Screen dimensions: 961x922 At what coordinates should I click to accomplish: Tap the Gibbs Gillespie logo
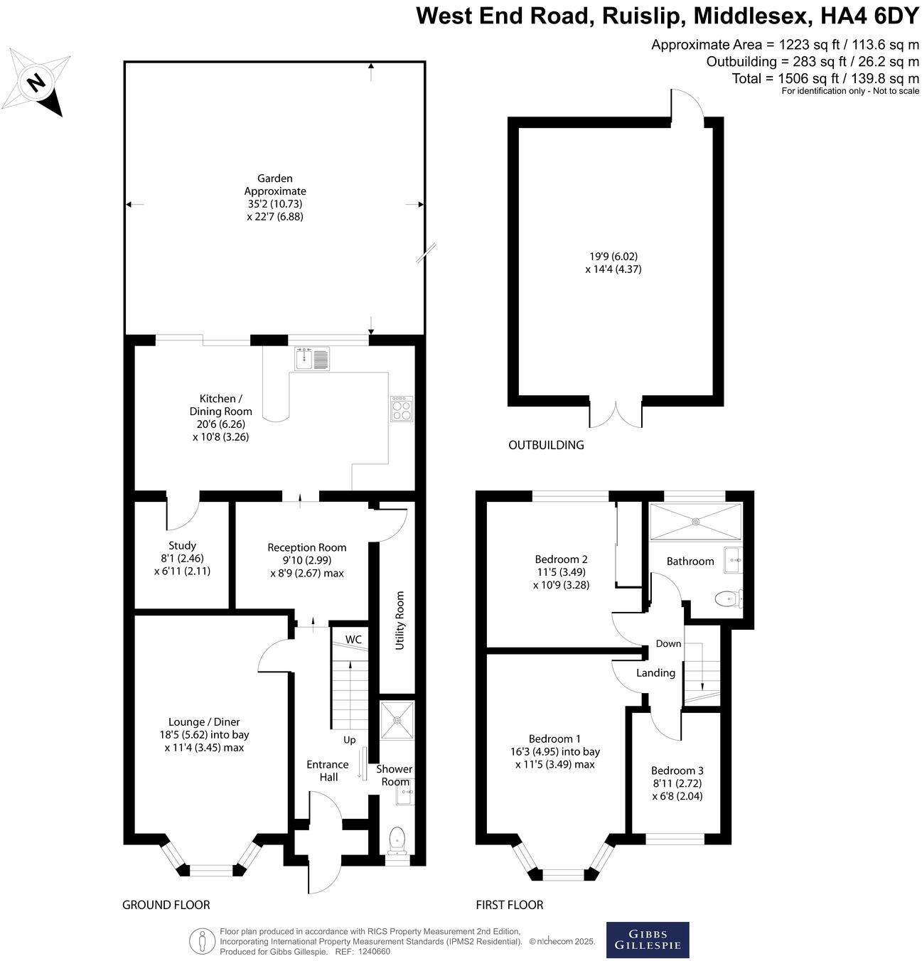(647, 940)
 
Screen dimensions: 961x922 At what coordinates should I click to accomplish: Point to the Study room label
(182, 546)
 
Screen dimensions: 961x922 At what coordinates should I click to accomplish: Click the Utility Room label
(400, 620)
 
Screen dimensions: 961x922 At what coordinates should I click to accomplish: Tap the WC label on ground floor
(353, 640)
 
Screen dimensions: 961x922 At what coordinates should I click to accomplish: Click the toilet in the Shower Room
(397, 839)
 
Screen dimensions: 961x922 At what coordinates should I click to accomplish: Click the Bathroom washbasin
(733, 560)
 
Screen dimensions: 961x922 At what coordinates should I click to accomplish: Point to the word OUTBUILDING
(546, 445)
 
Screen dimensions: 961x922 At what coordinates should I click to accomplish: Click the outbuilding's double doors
(616, 414)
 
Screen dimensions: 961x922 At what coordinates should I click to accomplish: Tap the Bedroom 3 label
(677, 771)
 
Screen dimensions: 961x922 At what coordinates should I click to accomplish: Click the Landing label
(655, 672)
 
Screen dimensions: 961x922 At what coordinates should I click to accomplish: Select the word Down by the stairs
(668, 643)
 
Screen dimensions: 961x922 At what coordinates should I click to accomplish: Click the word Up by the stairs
(350, 740)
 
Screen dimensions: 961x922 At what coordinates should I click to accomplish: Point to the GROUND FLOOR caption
(166, 905)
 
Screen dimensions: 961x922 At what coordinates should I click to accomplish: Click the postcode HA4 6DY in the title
(868, 15)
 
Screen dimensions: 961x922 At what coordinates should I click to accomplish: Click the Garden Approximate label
(275, 185)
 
